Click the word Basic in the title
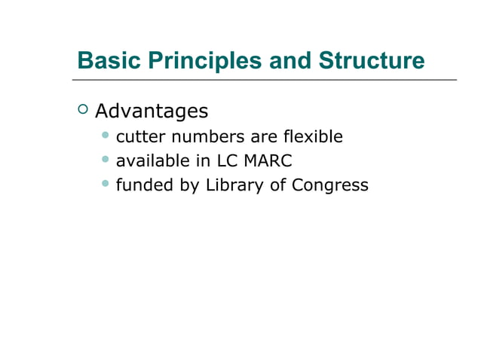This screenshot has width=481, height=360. point(103,60)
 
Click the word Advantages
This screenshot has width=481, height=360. point(152,111)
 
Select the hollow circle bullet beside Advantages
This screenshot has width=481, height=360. point(82,110)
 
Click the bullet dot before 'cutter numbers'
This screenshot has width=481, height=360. point(106,136)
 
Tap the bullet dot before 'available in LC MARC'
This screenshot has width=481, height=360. point(106,160)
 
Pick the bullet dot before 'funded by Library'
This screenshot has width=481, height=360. point(106,184)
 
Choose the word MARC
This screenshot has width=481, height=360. point(267,161)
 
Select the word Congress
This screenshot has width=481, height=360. point(332,185)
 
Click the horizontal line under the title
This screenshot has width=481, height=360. point(264,80)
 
